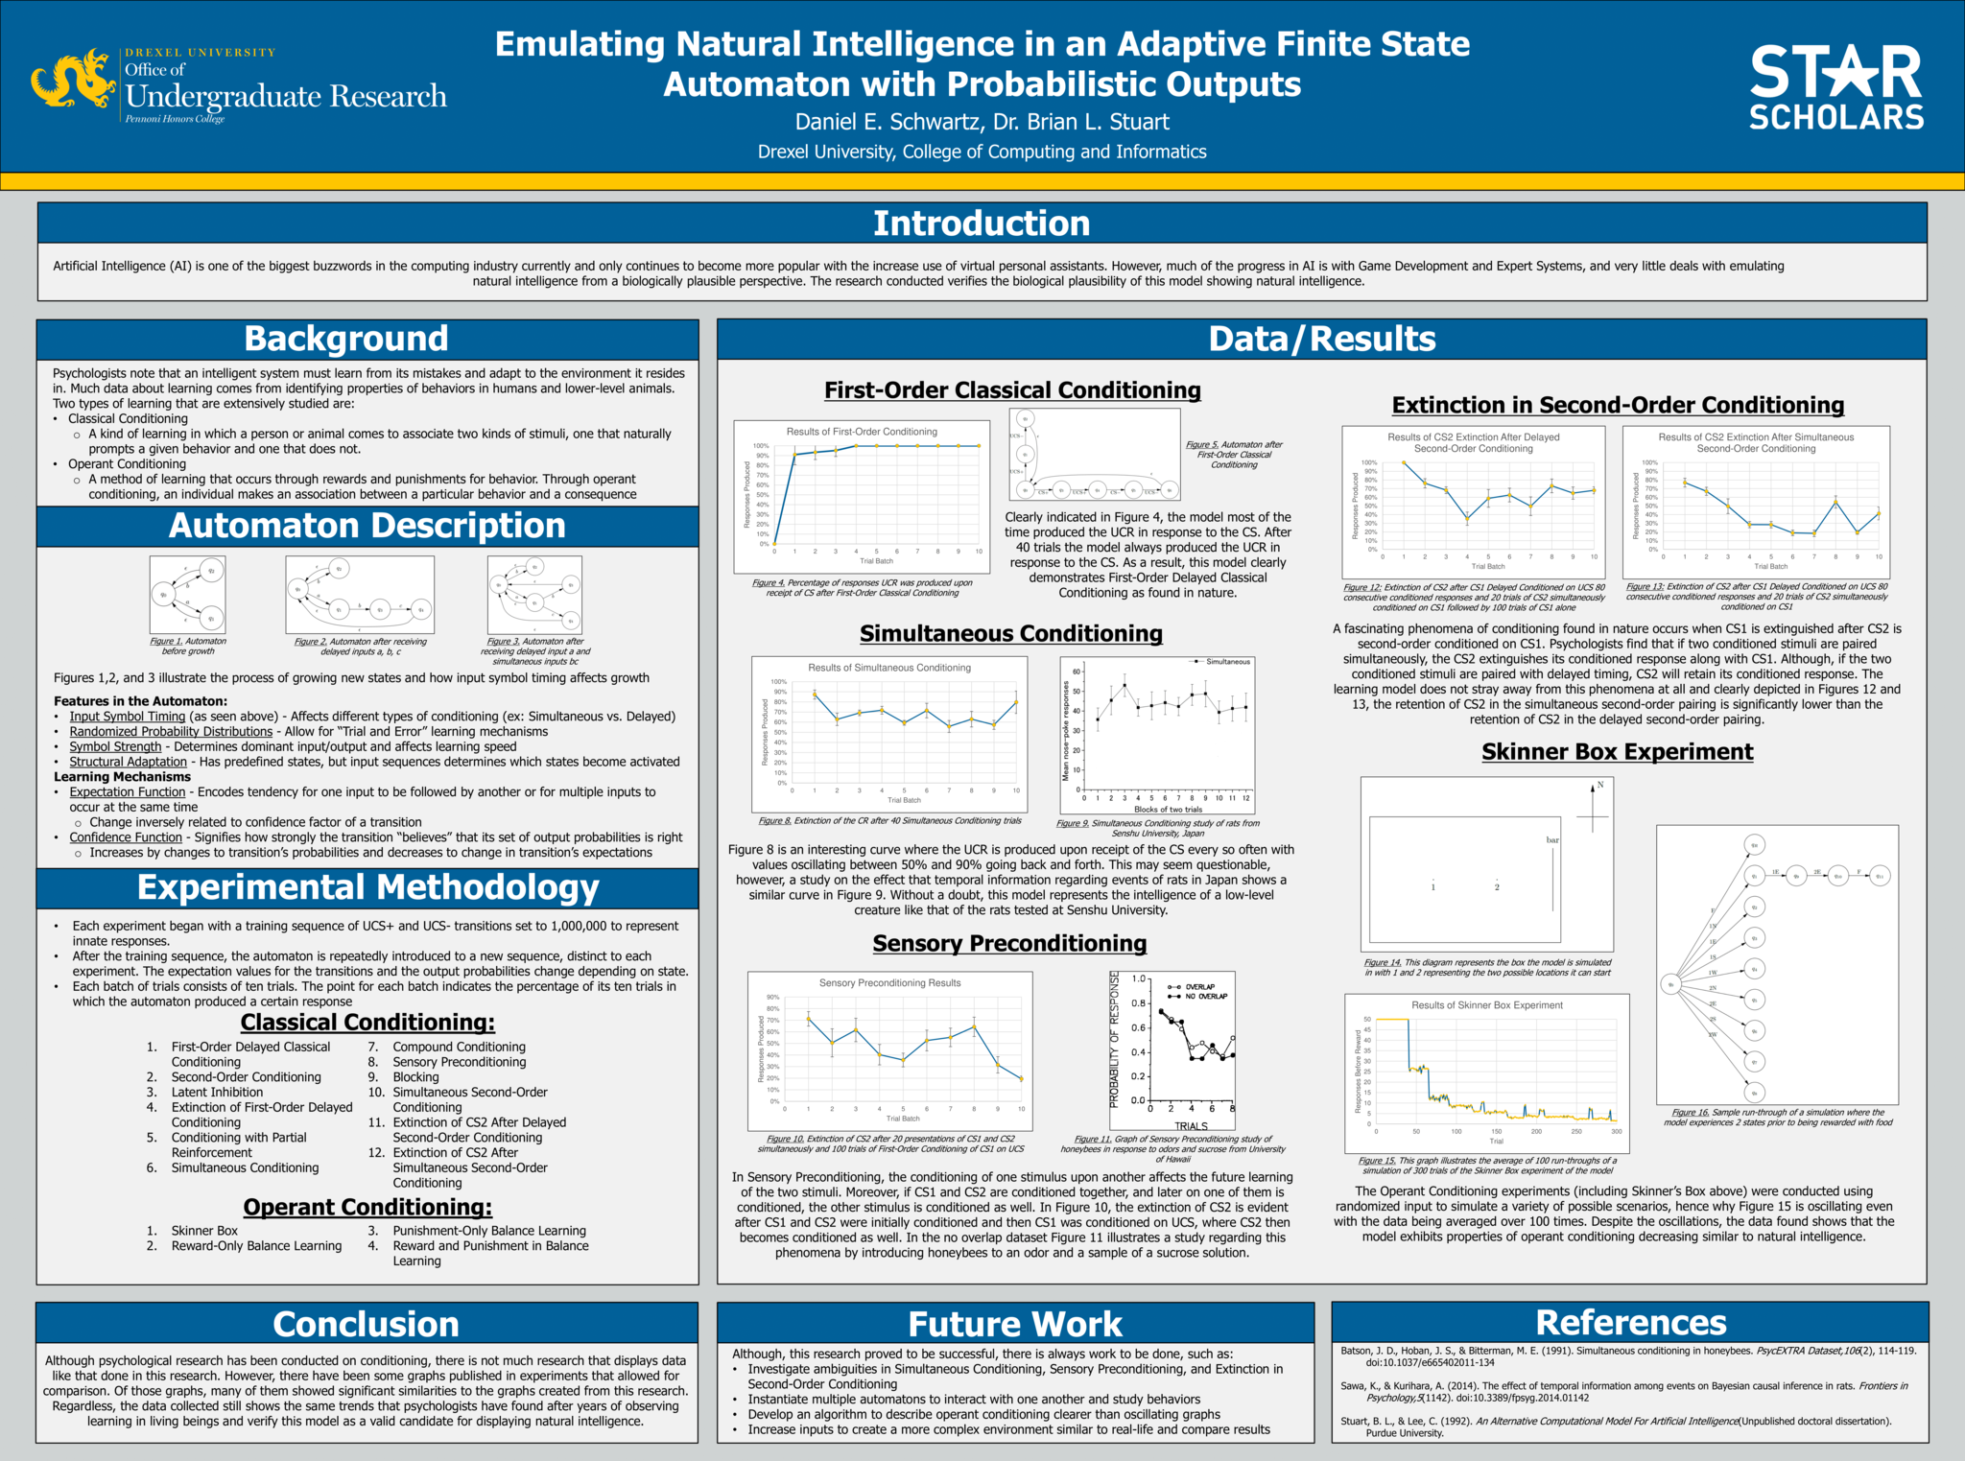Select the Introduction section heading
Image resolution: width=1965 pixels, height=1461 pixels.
tap(982, 224)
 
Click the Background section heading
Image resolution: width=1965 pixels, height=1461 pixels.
tap(346, 340)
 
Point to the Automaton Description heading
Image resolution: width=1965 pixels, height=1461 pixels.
tap(367, 526)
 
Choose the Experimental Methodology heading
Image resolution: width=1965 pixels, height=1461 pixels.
tap(367, 887)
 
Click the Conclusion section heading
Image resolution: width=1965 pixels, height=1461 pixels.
tap(367, 1324)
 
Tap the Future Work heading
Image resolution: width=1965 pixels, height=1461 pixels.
tap(1015, 1324)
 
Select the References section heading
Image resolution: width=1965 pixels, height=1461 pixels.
tap(1630, 1323)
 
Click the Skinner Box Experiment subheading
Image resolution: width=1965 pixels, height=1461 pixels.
tap(1617, 752)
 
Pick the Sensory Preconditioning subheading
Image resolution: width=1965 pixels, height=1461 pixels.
tap(1009, 944)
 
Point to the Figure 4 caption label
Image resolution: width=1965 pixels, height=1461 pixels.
tap(769, 582)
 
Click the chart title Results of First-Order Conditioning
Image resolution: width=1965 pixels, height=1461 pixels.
tap(862, 432)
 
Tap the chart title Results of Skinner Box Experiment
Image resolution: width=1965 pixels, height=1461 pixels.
tap(1486, 1005)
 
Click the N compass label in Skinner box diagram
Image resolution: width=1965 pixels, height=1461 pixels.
tap(1600, 786)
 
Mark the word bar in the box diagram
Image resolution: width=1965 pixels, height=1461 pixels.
tap(1552, 840)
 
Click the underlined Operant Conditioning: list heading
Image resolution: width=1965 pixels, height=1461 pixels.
tap(367, 1208)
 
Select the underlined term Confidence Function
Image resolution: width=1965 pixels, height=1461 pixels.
tap(126, 837)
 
